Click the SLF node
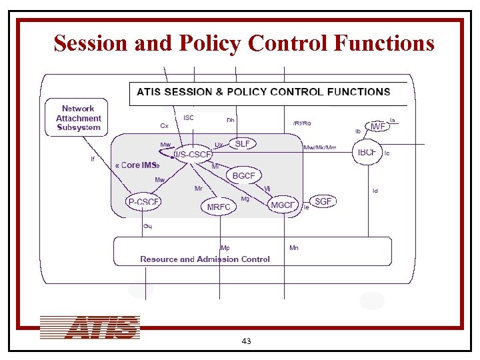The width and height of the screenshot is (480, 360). [243, 143]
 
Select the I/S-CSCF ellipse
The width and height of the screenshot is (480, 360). [193, 155]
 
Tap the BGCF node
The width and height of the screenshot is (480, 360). [243, 176]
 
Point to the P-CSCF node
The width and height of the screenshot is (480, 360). [144, 202]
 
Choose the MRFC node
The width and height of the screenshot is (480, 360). [219, 207]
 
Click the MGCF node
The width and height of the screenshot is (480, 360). [283, 205]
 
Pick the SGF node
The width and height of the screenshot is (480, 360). [323, 201]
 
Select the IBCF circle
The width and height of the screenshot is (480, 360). [367, 153]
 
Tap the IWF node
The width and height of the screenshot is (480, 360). [377, 126]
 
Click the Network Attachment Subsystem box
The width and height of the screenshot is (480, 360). [77, 117]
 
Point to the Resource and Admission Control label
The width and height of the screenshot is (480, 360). [205, 259]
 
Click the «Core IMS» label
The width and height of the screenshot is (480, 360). [137, 165]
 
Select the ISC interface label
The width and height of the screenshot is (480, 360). [189, 118]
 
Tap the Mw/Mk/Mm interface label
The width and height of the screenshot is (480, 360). [319, 147]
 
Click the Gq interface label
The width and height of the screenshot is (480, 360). [147, 226]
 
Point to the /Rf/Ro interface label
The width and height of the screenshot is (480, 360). [301, 123]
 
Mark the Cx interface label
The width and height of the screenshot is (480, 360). [164, 125]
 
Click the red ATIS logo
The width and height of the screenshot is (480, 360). [89, 328]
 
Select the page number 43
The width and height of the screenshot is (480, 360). [246, 341]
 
